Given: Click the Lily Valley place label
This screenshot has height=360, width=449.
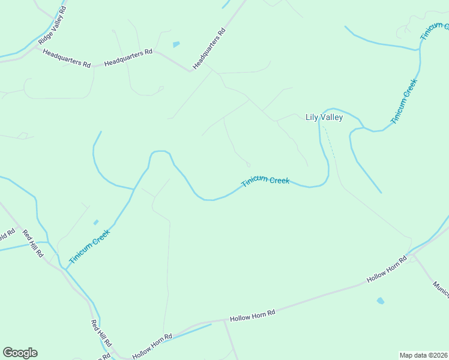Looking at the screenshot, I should point(324,117).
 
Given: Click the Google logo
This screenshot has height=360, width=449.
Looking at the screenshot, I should point(20,353).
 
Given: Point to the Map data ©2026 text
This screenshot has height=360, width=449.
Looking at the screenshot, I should point(423,355).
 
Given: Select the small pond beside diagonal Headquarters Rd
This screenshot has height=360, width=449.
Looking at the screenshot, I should point(176,44).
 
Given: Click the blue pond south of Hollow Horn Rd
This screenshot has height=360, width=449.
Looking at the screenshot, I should point(380,301).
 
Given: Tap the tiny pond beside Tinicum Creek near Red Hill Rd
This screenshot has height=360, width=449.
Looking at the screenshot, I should point(96,223).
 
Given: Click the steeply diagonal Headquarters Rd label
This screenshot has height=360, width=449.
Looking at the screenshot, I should point(209,48).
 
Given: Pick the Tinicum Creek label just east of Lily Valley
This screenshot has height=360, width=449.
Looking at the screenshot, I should point(403,101).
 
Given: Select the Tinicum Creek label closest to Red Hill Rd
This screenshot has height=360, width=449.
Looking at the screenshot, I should point(89,247).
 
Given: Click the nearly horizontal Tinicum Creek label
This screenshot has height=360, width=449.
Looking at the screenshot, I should point(265,181).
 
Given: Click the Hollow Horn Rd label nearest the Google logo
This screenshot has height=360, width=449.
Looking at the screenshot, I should point(152,346).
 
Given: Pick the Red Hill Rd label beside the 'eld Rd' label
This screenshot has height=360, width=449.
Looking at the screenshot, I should point(33,243).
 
